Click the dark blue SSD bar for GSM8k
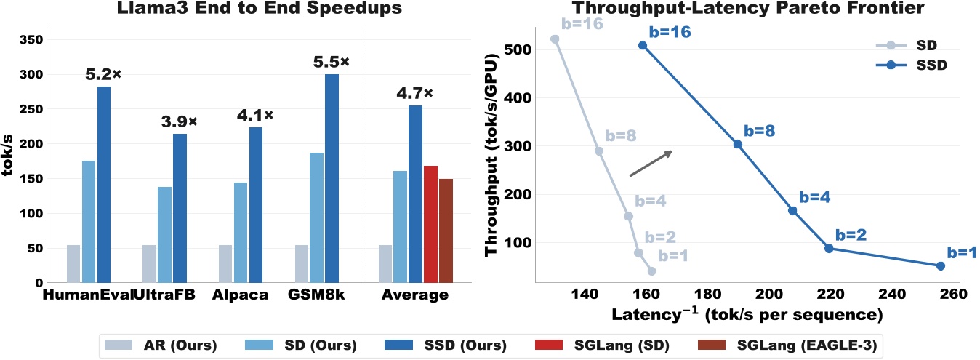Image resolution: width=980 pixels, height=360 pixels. pos(332,178)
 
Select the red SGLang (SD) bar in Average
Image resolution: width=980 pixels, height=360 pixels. pos(430,224)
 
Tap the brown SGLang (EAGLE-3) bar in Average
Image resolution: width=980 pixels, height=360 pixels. pos(446,231)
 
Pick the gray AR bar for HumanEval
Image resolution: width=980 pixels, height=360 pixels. pos(73,263)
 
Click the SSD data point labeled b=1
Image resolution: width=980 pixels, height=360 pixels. pos(940,266)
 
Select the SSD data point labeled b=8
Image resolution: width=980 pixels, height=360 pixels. pos(737,144)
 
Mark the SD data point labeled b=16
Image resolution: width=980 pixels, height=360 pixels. pos(555,39)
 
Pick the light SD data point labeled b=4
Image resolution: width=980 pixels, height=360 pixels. pos(628,216)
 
